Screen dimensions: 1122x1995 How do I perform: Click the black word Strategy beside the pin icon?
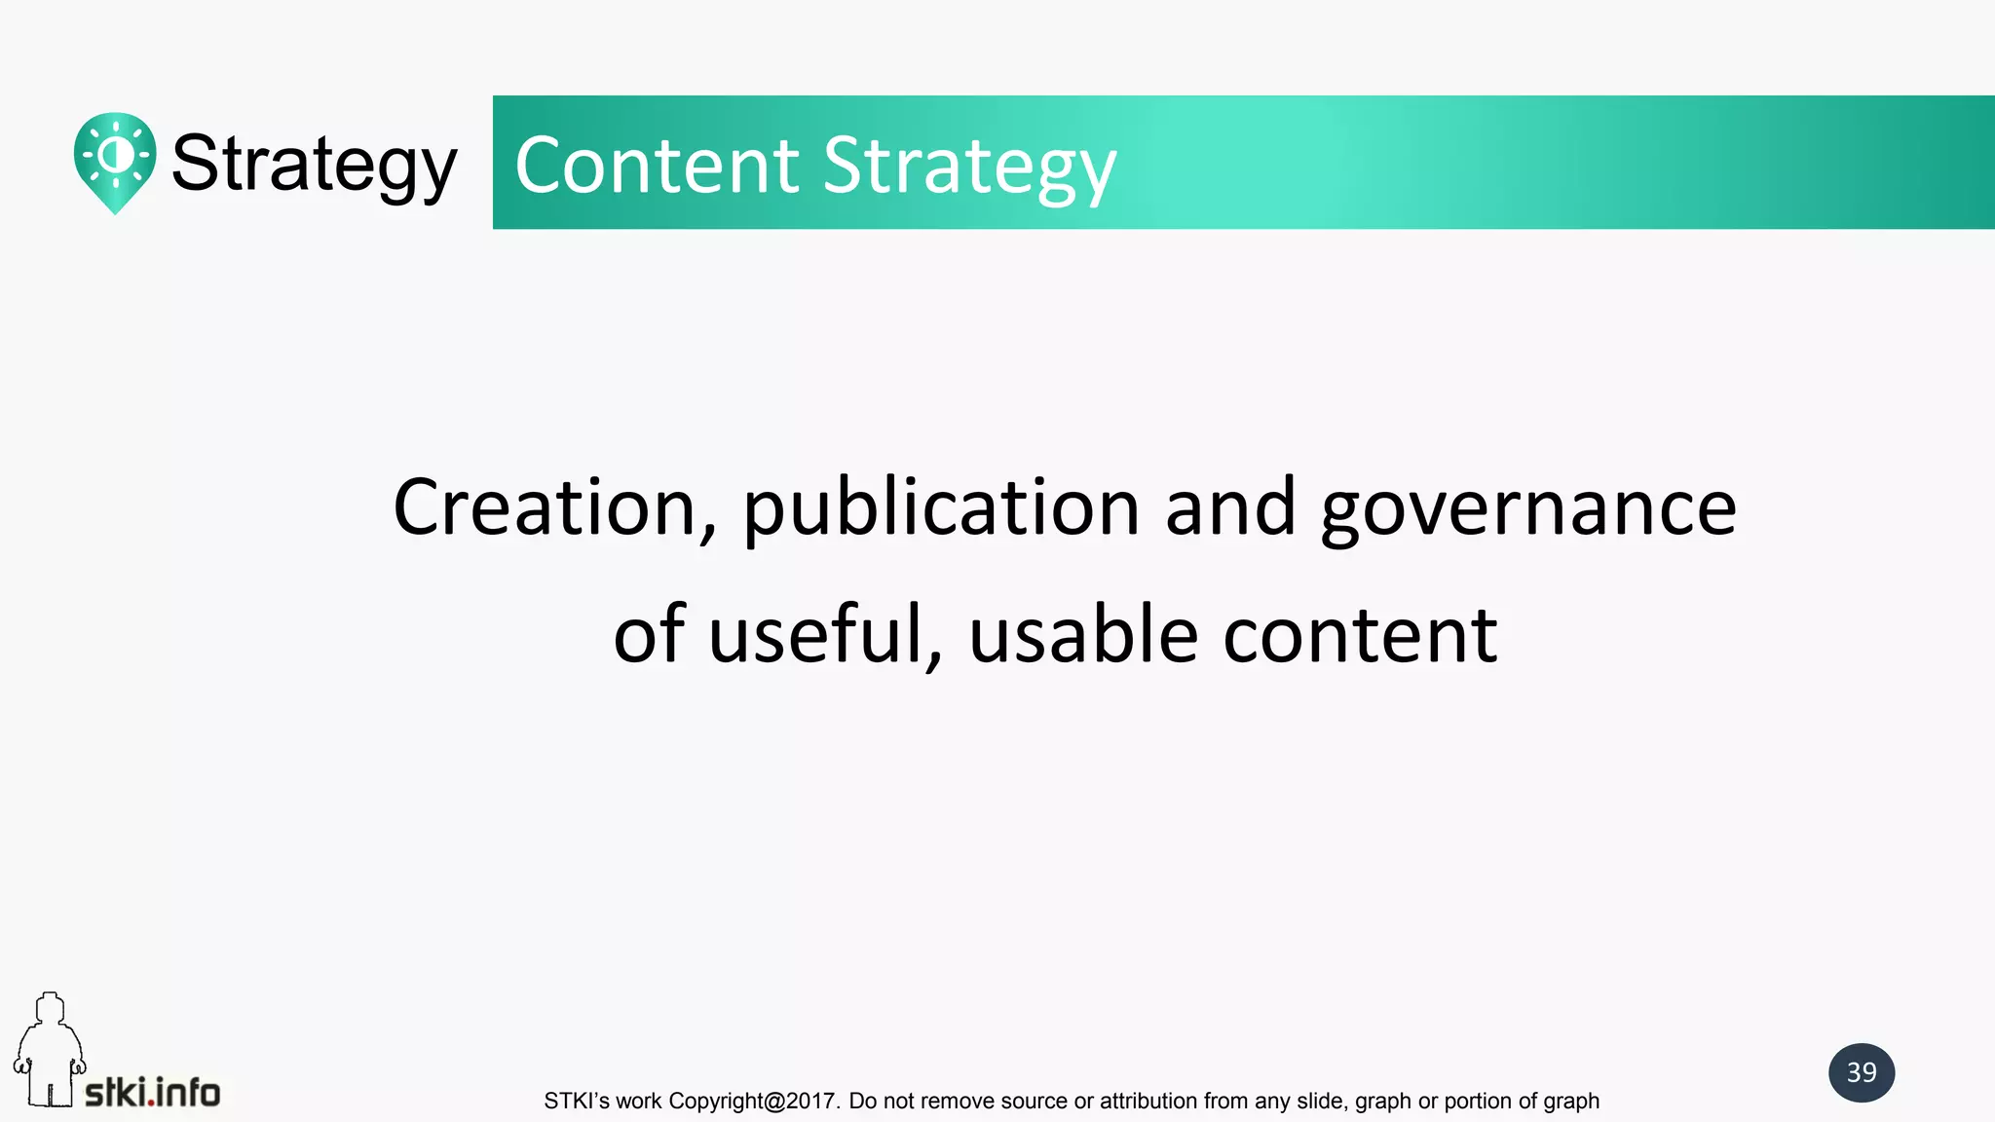(314, 164)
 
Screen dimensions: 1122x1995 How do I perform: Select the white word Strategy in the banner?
(969, 168)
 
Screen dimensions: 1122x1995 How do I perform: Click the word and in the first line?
(1230, 508)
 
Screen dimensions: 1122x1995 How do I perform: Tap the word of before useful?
(649, 635)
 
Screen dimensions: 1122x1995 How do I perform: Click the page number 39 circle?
(1861, 1072)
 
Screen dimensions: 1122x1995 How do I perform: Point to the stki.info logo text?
(153, 1093)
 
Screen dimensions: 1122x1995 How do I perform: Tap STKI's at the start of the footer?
(577, 1102)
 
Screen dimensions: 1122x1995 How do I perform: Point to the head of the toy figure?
(50, 1008)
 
